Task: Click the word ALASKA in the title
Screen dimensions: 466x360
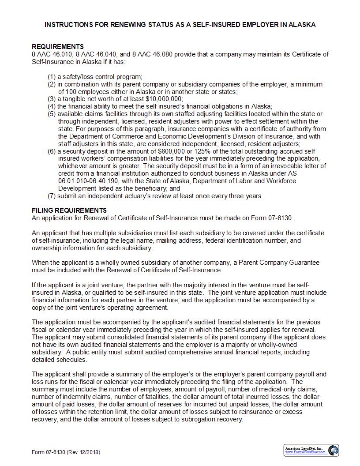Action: click(x=302, y=25)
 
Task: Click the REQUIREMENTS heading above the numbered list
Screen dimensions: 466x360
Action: click(x=58, y=47)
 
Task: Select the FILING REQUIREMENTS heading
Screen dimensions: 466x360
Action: click(x=69, y=210)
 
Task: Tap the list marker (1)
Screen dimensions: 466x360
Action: click(x=52, y=77)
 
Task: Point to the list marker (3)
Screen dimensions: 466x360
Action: click(x=52, y=99)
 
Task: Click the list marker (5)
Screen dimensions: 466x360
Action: click(x=52, y=114)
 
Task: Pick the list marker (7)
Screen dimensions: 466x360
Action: click(x=52, y=196)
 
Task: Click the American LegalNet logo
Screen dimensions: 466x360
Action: click(x=311, y=450)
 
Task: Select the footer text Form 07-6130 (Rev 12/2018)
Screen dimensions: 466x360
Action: click(x=66, y=452)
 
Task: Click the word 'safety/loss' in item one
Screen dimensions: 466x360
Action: click(x=80, y=77)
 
